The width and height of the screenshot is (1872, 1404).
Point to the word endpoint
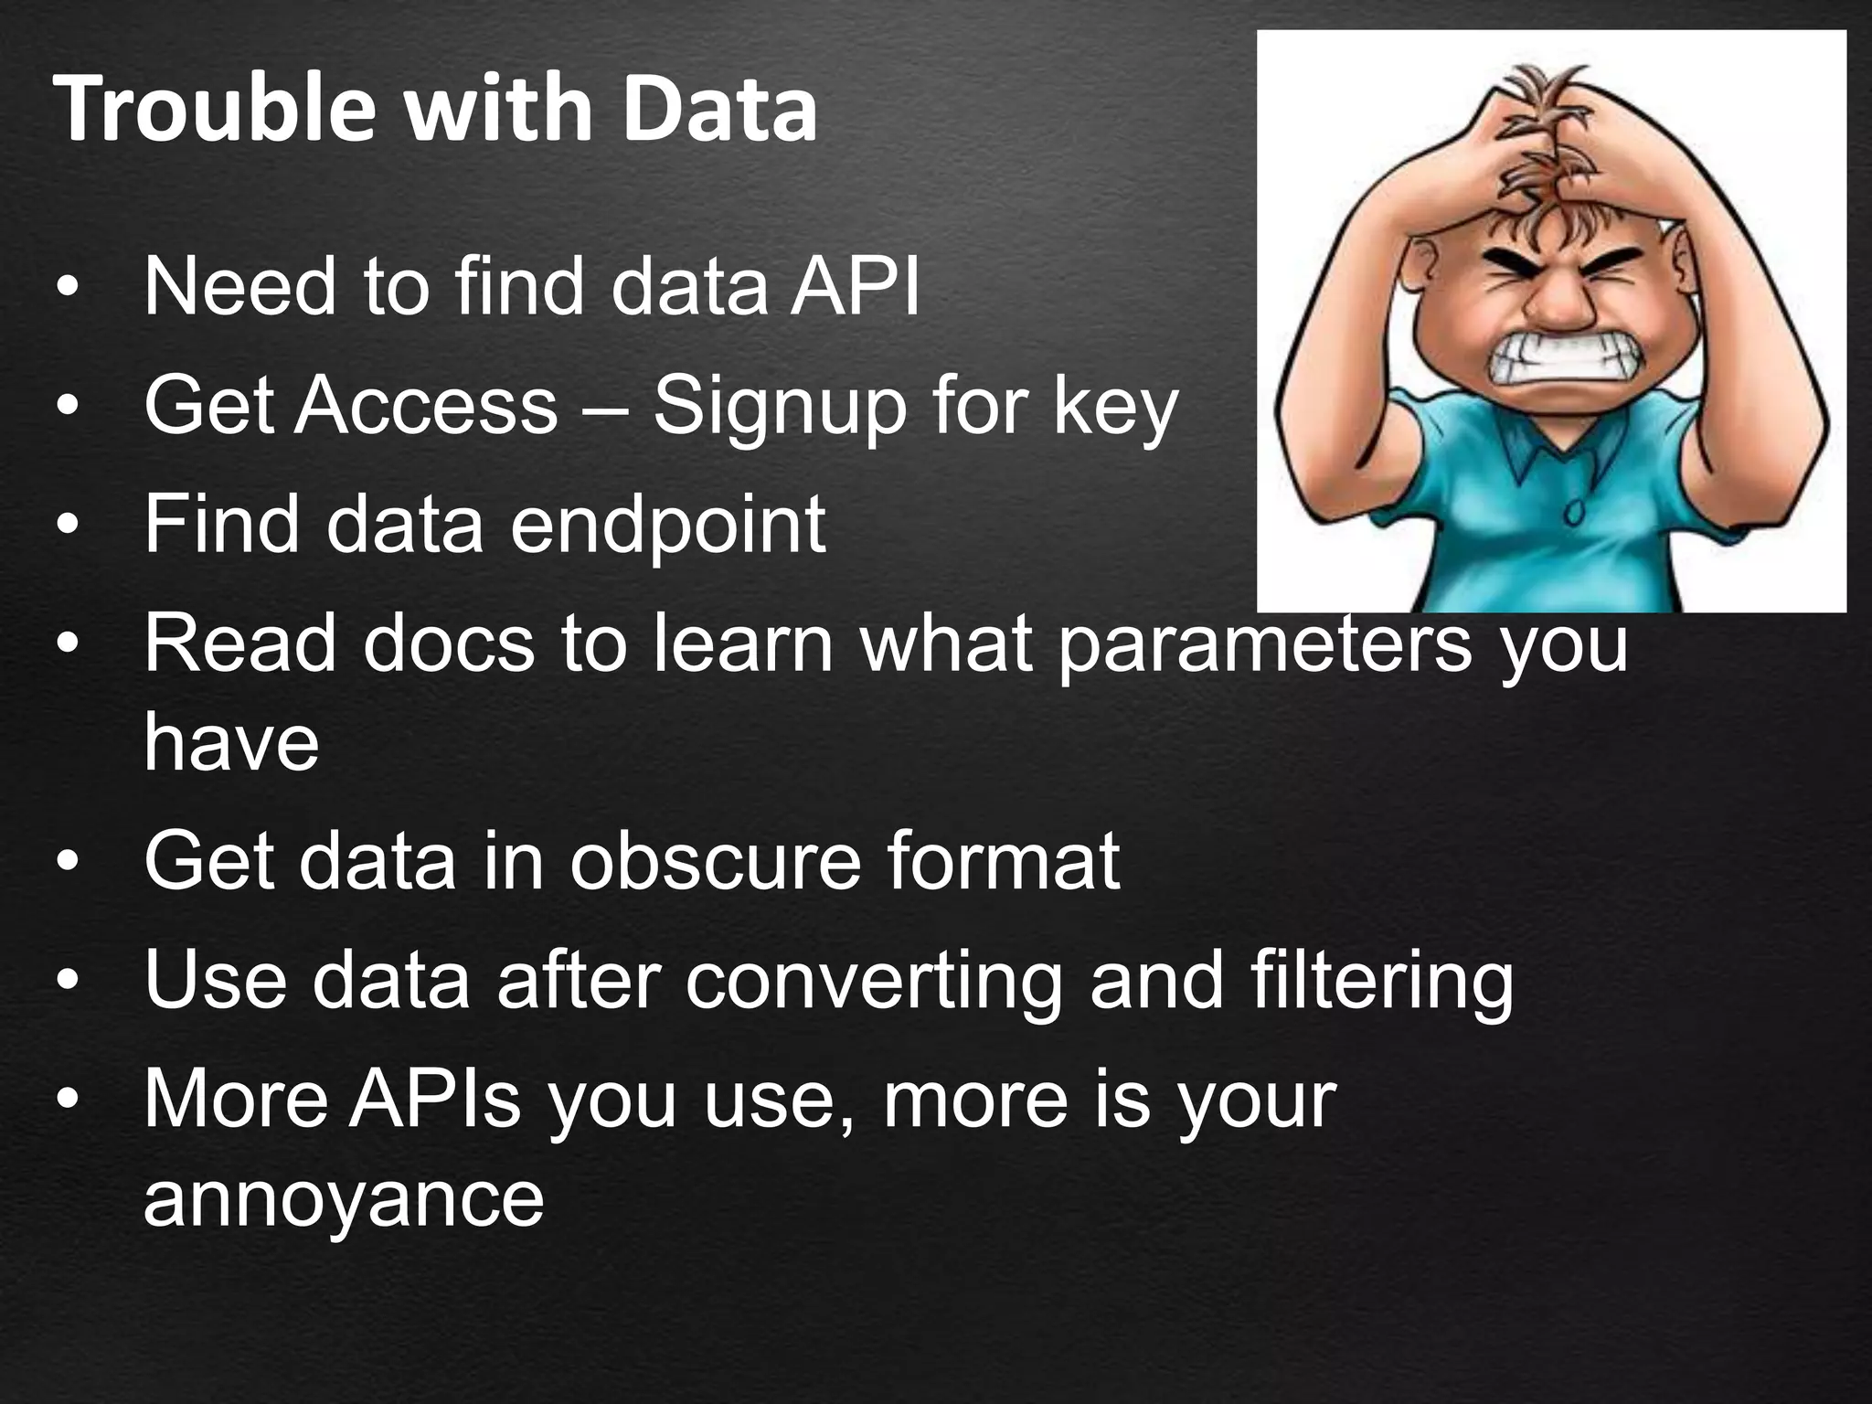click(667, 526)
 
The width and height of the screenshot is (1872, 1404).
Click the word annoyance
click(344, 1199)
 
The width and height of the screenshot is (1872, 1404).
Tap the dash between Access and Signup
click(605, 408)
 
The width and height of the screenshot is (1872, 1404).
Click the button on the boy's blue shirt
click(1574, 514)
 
